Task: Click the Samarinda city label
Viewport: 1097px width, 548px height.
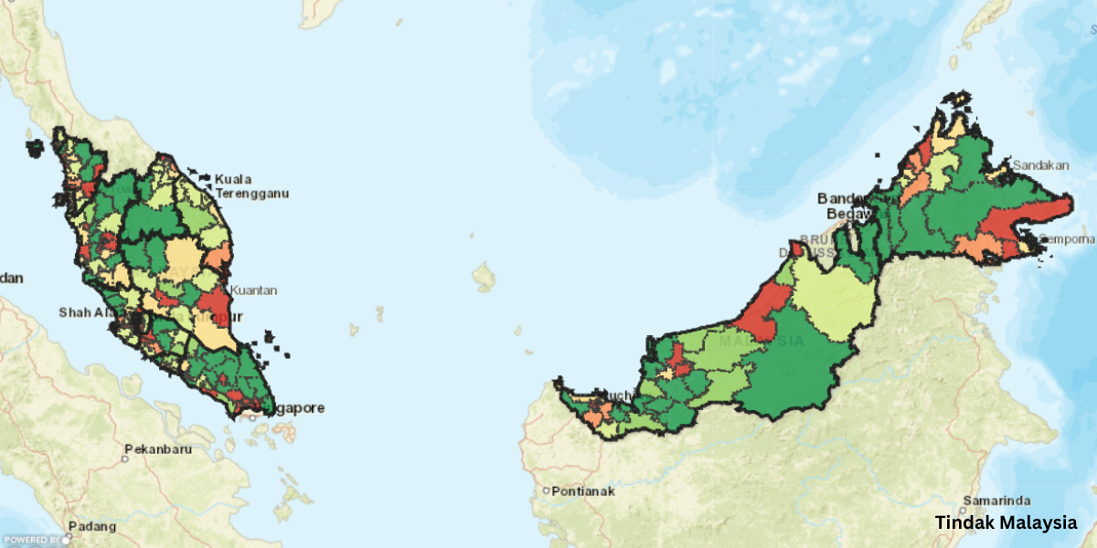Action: click(x=998, y=501)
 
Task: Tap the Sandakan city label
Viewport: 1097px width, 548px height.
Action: click(x=1038, y=165)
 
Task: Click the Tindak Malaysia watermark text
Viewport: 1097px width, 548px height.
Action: click(x=1006, y=523)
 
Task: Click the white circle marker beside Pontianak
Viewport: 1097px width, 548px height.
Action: click(x=546, y=490)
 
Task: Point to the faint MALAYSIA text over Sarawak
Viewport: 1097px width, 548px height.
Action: click(x=761, y=342)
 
